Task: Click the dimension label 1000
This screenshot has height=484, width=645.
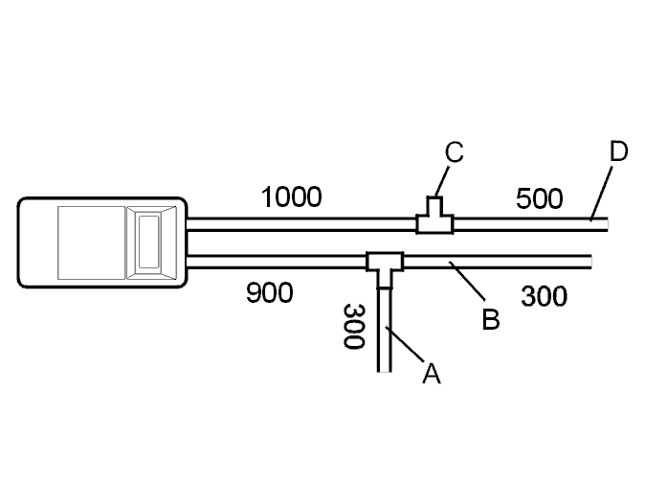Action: pos(291,196)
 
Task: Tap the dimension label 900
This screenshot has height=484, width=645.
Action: pos(270,293)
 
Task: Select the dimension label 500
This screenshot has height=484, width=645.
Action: pos(539,198)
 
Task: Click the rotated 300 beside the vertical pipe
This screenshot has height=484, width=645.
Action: pos(354,326)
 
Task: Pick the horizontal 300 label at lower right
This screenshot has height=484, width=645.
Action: pos(544,296)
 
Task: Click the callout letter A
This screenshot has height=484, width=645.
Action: pos(431,374)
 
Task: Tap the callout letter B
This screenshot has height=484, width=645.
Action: pos(491,318)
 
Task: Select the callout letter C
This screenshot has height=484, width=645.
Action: pos(455,152)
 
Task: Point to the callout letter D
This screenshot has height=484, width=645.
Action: pos(618,151)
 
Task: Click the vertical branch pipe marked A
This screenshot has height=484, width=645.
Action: pos(384,330)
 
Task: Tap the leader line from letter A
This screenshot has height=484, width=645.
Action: pos(405,345)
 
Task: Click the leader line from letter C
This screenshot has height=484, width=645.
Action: pos(442,181)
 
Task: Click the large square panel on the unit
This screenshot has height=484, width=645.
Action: pos(91,242)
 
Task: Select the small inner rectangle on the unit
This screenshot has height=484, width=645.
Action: pos(148,242)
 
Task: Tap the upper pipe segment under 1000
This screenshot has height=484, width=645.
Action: pos(301,224)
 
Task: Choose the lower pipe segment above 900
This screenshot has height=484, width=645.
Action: pos(277,262)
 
